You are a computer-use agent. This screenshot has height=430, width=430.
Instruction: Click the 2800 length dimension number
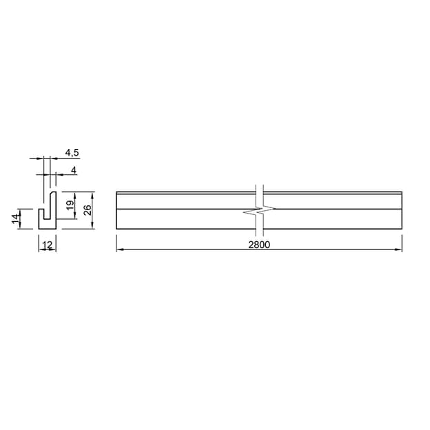[x=259, y=245]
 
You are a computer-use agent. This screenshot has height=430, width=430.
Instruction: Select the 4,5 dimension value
[x=72, y=152]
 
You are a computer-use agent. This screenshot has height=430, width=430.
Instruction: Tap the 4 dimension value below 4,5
[x=74, y=171]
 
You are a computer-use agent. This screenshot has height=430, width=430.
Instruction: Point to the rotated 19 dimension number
[x=70, y=205]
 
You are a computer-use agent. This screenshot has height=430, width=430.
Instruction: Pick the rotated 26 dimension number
[x=88, y=210]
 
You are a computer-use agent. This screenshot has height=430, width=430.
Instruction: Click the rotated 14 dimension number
[x=16, y=218]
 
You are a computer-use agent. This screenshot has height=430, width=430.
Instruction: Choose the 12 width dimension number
[x=48, y=245]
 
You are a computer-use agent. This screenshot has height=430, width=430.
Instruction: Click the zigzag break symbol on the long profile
[x=259, y=211]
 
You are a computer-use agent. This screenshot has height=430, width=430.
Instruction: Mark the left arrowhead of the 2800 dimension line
[x=120, y=249]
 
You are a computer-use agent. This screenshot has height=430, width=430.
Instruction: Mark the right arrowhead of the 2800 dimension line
[x=398, y=249]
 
